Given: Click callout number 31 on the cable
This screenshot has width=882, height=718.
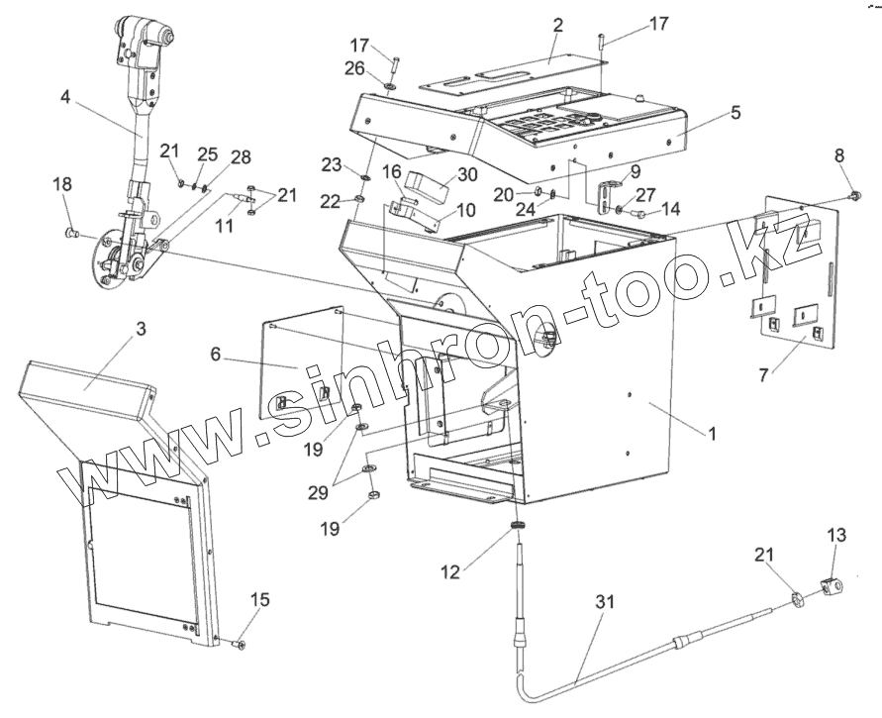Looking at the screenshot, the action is coord(606,601).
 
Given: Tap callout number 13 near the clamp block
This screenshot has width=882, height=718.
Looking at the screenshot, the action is coord(837,536).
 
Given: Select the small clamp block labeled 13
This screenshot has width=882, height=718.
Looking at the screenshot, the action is coord(830,585).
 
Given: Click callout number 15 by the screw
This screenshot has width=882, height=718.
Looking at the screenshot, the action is coord(260,600).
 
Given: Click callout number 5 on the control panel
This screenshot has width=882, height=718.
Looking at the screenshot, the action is coord(735,113).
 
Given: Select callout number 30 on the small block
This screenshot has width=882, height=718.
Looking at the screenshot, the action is coord(465,174).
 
